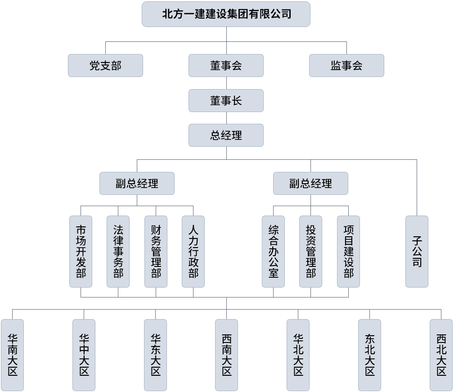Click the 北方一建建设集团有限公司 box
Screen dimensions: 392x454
coord(226,14)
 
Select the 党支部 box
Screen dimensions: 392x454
coord(105,66)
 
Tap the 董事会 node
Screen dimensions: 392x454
coord(226,66)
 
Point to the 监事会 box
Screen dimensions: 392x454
coord(346,66)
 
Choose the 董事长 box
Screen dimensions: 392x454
coord(226,100)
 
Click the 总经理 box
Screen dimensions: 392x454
coord(226,135)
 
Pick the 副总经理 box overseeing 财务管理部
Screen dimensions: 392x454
coord(137,183)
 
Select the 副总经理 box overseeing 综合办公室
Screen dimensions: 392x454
coord(310,183)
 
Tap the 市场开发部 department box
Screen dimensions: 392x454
coord(81,251)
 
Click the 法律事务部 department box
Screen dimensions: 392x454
coord(118,251)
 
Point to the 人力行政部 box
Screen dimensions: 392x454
coord(193,251)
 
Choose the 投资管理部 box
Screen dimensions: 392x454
coord(310,251)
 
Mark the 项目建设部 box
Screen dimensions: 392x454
coord(348,251)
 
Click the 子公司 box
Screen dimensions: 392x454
coord(417,251)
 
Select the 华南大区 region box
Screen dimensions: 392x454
coord(12,355)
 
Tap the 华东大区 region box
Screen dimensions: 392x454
coord(155,355)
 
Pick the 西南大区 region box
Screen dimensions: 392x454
coord(226,355)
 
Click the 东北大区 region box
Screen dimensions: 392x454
coord(369,355)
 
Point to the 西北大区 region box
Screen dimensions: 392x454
coord(441,355)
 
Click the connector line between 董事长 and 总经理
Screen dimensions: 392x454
coord(226,118)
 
